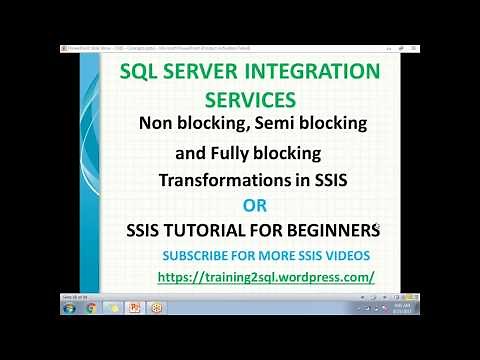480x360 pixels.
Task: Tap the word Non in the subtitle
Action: coord(157,125)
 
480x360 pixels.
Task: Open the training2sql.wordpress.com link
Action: coord(266,277)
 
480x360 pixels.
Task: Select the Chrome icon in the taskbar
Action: coord(90,308)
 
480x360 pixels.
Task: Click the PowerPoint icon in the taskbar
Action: coord(134,308)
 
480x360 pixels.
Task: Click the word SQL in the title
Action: coord(139,73)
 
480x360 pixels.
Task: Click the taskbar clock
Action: coord(403,308)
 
